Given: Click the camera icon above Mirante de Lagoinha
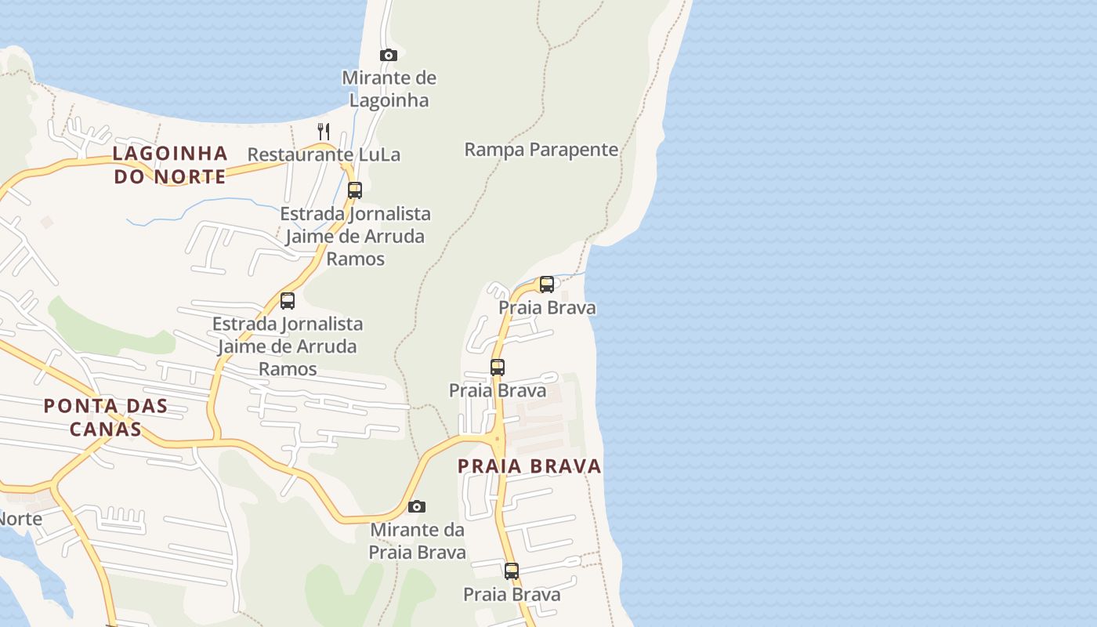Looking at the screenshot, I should (x=389, y=55).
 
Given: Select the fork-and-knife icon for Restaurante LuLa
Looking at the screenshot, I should (x=324, y=131).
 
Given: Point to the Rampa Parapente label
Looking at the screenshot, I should (x=541, y=150).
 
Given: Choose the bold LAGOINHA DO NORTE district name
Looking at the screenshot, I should (x=170, y=165).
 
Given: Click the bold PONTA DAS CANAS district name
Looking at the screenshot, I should (x=105, y=417).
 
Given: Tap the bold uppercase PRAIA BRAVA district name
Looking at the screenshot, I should (x=530, y=466).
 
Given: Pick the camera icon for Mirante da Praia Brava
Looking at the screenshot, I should (x=417, y=507).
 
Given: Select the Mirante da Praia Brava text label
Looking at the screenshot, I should (x=418, y=541).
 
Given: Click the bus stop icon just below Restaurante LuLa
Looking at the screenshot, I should (x=355, y=190).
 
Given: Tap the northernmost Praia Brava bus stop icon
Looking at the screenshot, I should (x=547, y=284).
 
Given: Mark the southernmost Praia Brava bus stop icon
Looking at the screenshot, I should (x=512, y=571).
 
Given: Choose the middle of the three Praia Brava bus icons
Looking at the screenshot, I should (x=498, y=367).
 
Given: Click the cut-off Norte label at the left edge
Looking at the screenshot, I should (x=20, y=519).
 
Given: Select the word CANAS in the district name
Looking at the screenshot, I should (x=105, y=429).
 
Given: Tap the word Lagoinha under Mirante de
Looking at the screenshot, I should (x=389, y=100).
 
